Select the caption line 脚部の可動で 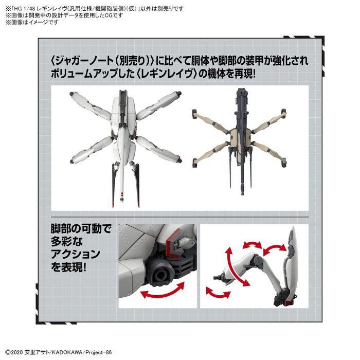(75, 228)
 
